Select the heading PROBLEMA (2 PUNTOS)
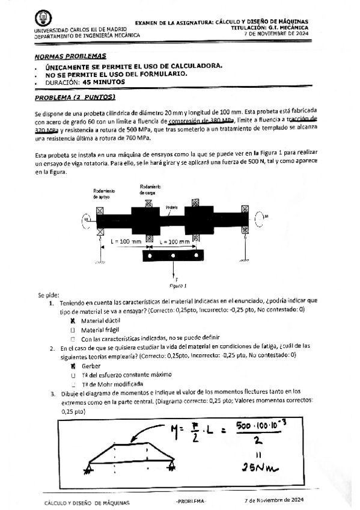click(x=75, y=97)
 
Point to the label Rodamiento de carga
click(x=148, y=189)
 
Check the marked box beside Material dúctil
click(x=72, y=321)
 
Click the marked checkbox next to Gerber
click(x=72, y=365)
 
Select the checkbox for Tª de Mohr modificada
click(x=72, y=383)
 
